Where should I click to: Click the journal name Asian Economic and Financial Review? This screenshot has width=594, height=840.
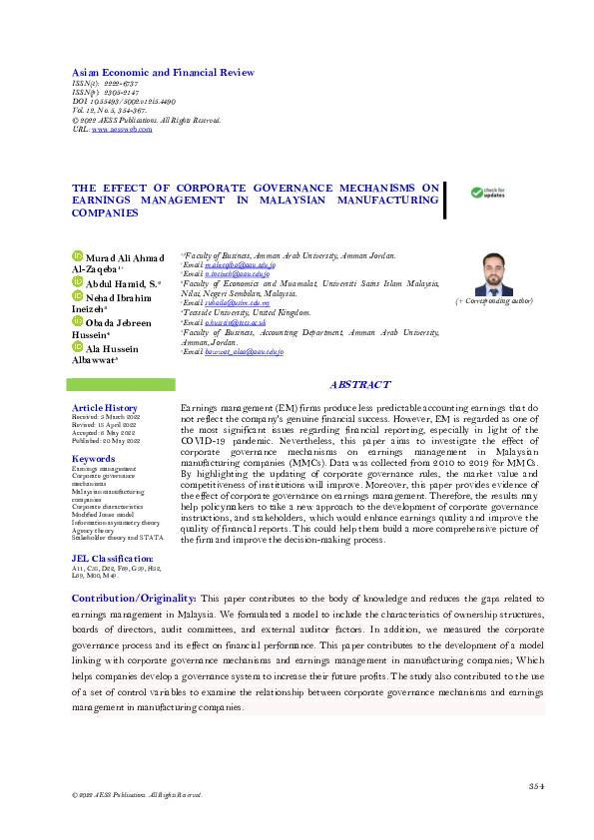[163, 73]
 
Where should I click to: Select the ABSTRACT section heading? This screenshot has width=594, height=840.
[359, 385]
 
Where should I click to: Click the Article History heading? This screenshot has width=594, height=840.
[105, 408]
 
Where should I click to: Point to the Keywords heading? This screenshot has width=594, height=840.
[94, 459]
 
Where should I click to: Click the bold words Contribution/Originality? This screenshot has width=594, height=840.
[133, 596]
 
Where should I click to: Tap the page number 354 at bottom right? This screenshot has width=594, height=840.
[535, 787]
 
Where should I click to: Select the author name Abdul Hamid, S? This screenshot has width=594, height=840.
[123, 283]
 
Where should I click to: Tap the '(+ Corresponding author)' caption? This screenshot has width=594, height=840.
[493, 300]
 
